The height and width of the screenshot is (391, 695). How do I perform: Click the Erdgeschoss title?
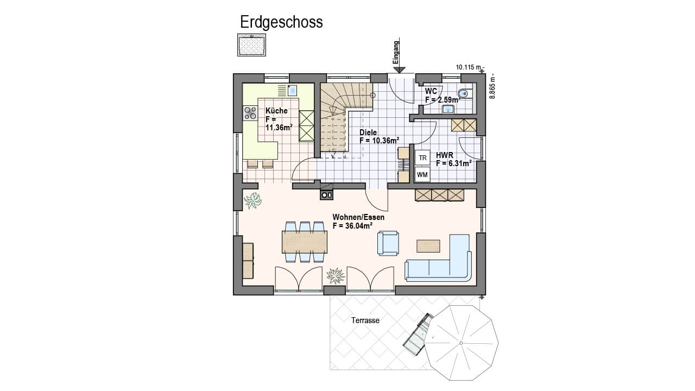click(x=281, y=23)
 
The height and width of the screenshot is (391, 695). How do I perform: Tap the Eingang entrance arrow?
click(x=399, y=55)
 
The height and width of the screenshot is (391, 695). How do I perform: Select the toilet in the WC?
click(x=464, y=93)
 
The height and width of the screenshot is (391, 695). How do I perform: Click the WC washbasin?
click(x=448, y=109)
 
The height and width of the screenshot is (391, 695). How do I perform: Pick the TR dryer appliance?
click(x=422, y=158)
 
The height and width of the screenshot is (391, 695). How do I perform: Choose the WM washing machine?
click(x=422, y=175)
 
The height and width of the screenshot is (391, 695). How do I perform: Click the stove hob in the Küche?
click(x=250, y=113)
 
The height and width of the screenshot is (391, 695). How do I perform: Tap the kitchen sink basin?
click(x=292, y=90)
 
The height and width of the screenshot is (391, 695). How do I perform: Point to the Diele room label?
click(x=368, y=132)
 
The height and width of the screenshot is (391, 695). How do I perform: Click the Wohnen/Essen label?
click(x=358, y=217)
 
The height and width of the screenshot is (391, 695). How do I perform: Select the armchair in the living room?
click(x=388, y=243)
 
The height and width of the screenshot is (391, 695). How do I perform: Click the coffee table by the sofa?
click(x=428, y=246)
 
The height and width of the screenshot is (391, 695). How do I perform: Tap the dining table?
click(x=305, y=242)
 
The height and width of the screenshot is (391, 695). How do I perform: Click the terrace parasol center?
click(x=461, y=343)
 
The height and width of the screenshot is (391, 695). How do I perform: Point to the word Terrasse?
click(x=365, y=320)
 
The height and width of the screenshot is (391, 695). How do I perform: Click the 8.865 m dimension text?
click(x=492, y=86)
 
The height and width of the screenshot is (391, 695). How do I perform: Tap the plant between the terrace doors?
click(x=336, y=275)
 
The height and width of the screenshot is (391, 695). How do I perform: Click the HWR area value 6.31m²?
click(x=459, y=163)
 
